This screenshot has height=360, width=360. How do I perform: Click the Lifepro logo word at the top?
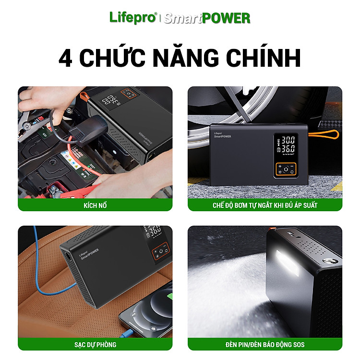pos(133,18)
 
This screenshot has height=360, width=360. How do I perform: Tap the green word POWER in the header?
pos(226,18)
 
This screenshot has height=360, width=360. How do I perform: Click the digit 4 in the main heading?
pos(66,58)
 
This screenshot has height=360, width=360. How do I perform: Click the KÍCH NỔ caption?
pos(95,205)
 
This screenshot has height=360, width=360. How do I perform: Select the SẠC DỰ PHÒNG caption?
pos(95,345)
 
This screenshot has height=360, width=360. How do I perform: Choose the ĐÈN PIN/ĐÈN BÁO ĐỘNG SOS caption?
pos(265,344)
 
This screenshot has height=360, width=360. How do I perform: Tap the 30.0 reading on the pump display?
pos(288,140)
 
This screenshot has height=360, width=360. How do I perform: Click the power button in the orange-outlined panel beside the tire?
pos(286,169)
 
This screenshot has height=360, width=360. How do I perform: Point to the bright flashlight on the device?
pos(287,263)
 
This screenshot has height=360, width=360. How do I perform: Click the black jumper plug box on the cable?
pos(88,130)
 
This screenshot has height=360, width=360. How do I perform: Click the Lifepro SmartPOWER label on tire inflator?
pos(222,135)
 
